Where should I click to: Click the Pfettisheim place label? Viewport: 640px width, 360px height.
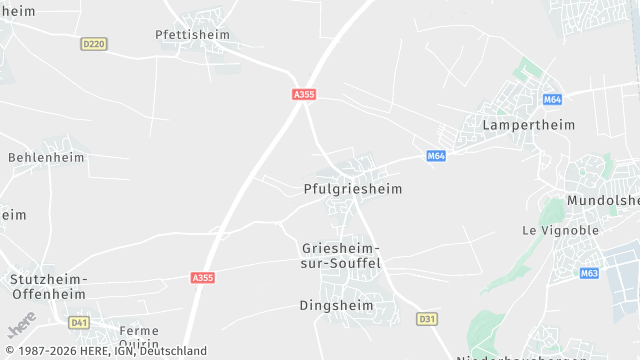point(192,34)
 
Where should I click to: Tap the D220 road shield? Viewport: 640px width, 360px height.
point(93,44)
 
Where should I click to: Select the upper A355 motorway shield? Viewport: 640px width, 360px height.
point(304,94)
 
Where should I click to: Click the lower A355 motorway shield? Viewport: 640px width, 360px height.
point(202,277)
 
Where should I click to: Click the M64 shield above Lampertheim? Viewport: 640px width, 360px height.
point(552,100)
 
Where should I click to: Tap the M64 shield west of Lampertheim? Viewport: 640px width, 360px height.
point(436,156)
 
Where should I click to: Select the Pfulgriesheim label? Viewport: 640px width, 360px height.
point(352,188)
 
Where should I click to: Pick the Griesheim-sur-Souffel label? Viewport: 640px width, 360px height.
point(341,255)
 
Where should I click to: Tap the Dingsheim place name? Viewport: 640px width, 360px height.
point(336,305)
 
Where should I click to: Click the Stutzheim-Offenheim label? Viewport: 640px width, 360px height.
point(49,286)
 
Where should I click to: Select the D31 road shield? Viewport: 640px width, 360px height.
point(427,319)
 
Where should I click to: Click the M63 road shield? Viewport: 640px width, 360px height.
point(589,273)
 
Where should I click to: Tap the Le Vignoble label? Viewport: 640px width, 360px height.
point(560,230)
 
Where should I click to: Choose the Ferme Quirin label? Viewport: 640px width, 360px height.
point(139,337)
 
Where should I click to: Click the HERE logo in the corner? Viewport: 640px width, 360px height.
point(22,327)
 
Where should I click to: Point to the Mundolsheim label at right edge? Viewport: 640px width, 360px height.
point(602,200)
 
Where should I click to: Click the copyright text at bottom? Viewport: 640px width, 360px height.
point(104,351)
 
